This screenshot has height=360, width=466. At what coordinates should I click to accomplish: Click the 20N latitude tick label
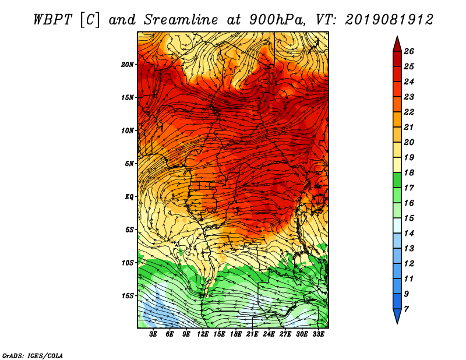coord(128,64)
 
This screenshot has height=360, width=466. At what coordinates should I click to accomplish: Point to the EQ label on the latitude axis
coord(129,196)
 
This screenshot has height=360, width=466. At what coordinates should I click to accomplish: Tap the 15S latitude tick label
coord(128,296)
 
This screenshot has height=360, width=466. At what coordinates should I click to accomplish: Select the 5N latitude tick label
coord(129,164)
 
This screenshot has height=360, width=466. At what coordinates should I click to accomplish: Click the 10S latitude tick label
coord(128,263)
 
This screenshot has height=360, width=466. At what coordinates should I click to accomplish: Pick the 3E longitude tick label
coord(153,334)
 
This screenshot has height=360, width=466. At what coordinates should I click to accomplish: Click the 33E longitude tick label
coord(318,334)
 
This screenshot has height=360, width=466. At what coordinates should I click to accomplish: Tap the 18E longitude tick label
coord(236,334)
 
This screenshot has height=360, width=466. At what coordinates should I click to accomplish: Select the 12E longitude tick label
coord(203,334)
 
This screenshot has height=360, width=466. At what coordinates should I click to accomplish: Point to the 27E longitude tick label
coord(285,334)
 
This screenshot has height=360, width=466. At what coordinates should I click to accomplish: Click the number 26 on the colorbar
coord(409,51)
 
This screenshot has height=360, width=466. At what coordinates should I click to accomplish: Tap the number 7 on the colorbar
coord(406,309)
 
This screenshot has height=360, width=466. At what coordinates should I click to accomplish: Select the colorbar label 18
coord(409,172)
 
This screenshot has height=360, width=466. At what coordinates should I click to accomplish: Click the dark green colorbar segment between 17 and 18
coord(397,180)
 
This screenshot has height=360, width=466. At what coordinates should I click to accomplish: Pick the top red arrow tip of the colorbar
coord(397,36)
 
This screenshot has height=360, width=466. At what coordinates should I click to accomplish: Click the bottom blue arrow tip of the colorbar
coord(397,323)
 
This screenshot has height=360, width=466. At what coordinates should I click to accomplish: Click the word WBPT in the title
coord(53,20)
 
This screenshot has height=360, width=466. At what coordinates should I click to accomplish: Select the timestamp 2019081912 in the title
coord(389,20)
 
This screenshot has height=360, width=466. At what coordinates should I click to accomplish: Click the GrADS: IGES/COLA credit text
coord(33,356)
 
